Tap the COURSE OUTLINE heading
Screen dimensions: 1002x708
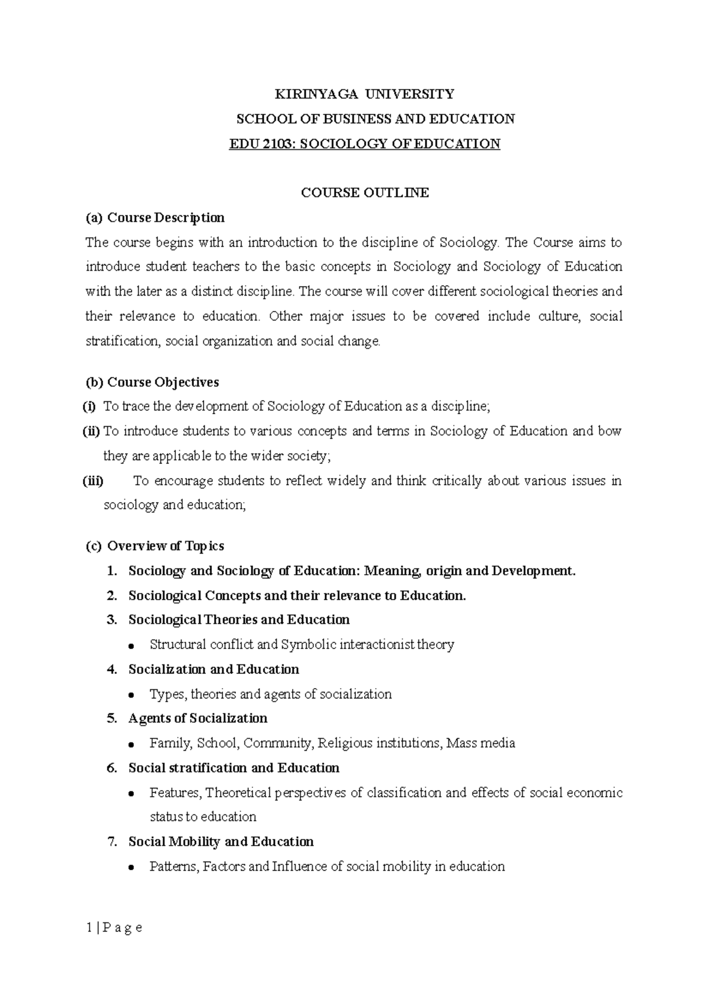[365, 192]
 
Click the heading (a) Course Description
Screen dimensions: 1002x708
[155, 218]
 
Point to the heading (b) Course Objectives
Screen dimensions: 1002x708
[152, 382]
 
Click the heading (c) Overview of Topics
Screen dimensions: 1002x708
[155, 546]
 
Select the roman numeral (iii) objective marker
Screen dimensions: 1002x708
[93, 480]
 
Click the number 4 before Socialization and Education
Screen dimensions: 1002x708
[112, 669]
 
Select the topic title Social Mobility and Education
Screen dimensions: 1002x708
[221, 841]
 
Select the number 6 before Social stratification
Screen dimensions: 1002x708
[112, 768]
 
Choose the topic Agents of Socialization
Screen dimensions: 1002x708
[198, 718]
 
